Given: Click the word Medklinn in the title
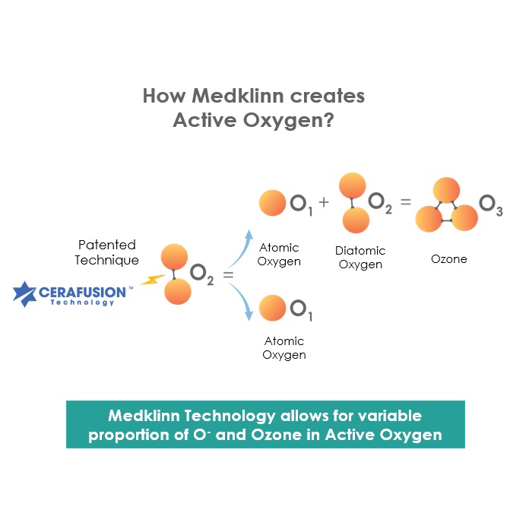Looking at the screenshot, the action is coord(238,96).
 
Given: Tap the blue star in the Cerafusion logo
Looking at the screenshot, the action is coord(24,294).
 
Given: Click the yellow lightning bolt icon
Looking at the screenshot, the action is coord(152,280).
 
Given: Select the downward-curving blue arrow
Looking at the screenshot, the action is coord(241,300).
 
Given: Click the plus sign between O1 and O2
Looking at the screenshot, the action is coord(324,201).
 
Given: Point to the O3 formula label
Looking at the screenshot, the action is coord(491,204).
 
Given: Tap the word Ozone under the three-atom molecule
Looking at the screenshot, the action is coord(449,259).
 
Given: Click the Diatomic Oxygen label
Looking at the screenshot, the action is coord(360,258).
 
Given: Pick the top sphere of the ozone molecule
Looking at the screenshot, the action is coord(446,190).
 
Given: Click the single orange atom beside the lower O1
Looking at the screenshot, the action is coord(272,308).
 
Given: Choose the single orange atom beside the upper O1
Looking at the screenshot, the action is coord(272,203).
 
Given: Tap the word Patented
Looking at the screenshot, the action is coord(107,245).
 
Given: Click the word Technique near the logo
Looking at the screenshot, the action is coord(106,260).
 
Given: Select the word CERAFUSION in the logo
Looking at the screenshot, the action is coord(82,292).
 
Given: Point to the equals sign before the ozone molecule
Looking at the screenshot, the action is coord(406,201).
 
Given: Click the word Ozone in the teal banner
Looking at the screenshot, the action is coord(277,435).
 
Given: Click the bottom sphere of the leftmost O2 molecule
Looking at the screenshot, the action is coord(177,292).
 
